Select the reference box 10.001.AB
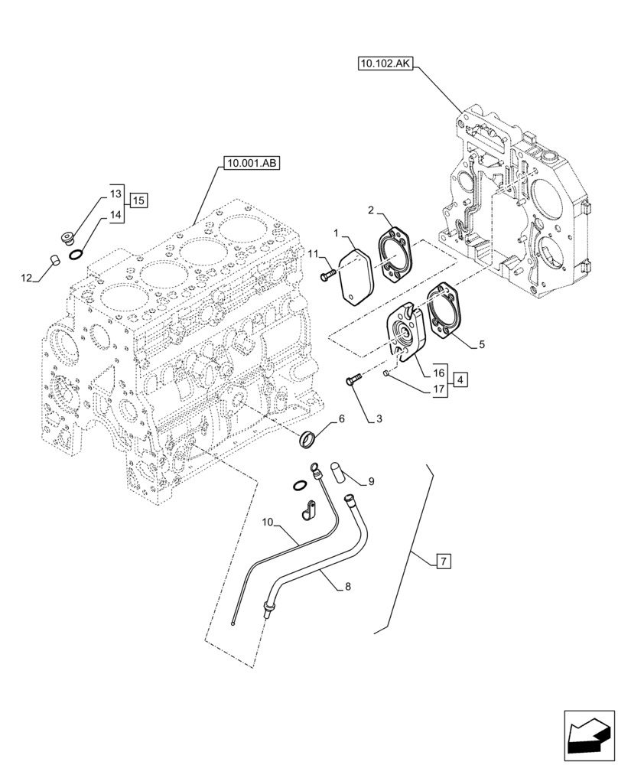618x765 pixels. (250, 162)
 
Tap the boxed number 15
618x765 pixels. (138, 200)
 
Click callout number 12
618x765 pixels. (27, 279)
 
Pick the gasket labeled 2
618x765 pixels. (395, 252)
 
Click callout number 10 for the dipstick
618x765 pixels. (268, 522)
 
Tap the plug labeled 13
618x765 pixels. (67, 237)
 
